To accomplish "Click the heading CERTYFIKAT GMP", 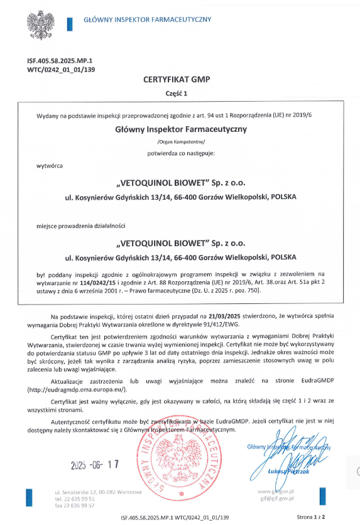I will pyautogui.click(x=180, y=80).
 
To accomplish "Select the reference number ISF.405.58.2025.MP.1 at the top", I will pyautogui.click(x=57, y=61).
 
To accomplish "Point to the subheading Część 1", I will pyautogui.click(x=180, y=92).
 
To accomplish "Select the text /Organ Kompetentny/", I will pyautogui.click(x=180, y=141).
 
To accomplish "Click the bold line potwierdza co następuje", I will pyautogui.click(x=180, y=153).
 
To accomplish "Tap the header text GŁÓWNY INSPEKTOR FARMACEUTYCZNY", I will pyautogui.click(x=147, y=20).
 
